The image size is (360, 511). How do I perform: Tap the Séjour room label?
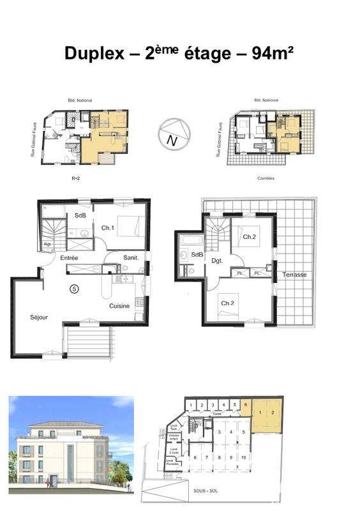click(x=39, y=317)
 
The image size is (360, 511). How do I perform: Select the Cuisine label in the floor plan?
click(x=119, y=306)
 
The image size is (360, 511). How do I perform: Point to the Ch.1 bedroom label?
click(x=107, y=228)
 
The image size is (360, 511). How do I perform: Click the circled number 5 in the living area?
click(x=75, y=289)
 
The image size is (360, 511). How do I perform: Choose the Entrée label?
click(x=69, y=257)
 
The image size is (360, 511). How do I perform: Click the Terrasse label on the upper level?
click(x=294, y=275)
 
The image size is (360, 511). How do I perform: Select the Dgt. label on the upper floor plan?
click(x=217, y=261)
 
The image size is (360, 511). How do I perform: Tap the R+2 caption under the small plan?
click(x=75, y=178)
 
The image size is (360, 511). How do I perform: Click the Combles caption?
click(x=266, y=178)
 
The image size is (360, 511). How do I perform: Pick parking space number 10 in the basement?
click(x=244, y=457)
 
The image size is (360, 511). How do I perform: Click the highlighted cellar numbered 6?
click(x=246, y=405)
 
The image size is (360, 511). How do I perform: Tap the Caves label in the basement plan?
click(x=217, y=414)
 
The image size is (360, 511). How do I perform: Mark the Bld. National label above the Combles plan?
click(x=266, y=100)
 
